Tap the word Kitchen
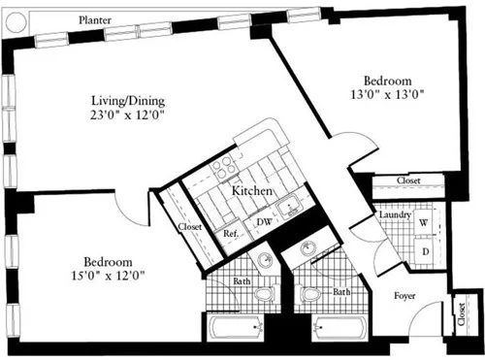[x=250, y=192]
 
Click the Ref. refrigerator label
[x=231, y=233]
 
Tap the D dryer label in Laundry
[x=423, y=251]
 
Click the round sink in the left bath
[x=264, y=259]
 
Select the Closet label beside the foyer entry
[x=459, y=315]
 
